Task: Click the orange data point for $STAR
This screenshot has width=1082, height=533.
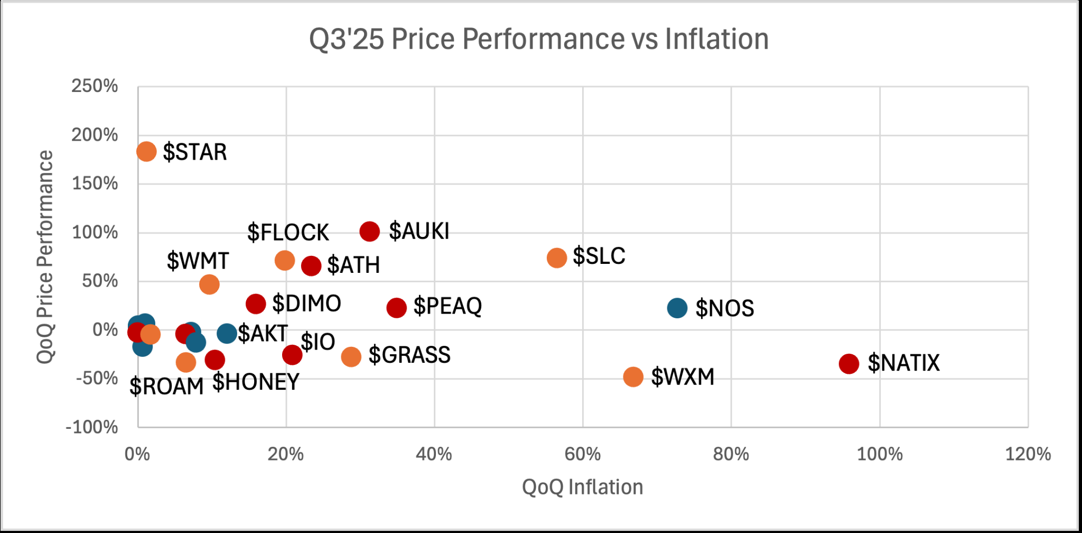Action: (146, 152)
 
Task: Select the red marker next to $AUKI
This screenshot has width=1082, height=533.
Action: (370, 231)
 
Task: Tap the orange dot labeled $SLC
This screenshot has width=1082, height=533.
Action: (557, 258)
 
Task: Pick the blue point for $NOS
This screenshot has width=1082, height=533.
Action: (677, 308)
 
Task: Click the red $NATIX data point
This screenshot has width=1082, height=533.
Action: (849, 363)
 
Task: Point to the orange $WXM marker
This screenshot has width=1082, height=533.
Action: (633, 377)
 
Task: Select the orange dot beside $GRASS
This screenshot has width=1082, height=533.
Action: (351, 357)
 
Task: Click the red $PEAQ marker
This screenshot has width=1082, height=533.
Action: (397, 307)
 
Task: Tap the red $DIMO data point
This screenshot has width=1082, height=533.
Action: (256, 304)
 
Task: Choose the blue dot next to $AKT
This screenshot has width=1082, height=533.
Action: (227, 334)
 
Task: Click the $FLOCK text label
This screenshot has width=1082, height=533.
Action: (288, 233)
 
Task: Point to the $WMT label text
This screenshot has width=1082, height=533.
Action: (198, 261)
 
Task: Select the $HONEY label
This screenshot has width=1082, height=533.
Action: (256, 382)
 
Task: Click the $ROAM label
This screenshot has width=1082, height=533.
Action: (166, 387)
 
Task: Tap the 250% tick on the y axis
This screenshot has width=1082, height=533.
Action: (95, 86)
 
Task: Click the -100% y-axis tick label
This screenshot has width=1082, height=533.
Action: (92, 427)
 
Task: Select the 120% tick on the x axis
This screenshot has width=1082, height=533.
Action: (1028, 454)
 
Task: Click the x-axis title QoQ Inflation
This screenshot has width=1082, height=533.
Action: (582, 487)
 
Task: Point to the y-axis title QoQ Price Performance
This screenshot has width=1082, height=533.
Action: (45, 258)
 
